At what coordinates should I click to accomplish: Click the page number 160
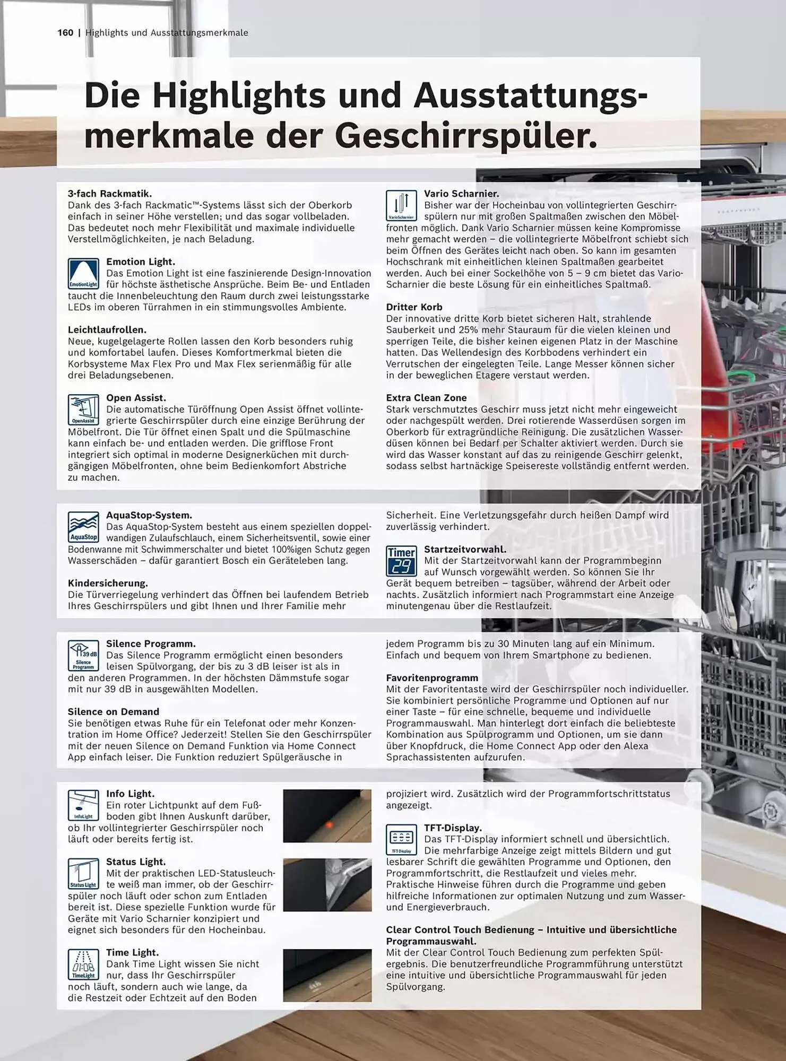[x=65, y=33]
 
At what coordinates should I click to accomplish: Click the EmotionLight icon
[x=83, y=273]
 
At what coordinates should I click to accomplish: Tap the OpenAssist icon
[x=83, y=409]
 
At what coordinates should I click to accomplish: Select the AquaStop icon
[x=83, y=527]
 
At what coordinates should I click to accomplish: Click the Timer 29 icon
[x=401, y=561]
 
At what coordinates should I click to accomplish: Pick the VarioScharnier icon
[x=401, y=206]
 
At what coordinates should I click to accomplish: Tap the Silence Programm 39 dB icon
[x=83, y=655]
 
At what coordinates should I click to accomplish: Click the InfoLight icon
[x=83, y=805]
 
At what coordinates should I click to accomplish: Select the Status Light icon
[x=83, y=873]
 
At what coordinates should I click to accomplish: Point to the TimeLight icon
[x=83, y=964]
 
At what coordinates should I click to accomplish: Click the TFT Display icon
[x=401, y=839]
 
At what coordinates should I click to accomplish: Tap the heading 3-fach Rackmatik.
[x=110, y=194]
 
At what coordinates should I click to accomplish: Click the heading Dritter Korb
[x=414, y=307]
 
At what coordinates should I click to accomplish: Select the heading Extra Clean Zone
[x=426, y=398]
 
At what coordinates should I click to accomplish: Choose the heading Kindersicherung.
[x=108, y=583]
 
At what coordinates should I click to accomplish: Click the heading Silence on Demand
[x=114, y=712]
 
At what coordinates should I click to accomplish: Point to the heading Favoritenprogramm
[x=432, y=678]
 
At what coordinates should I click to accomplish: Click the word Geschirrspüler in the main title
[x=465, y=136]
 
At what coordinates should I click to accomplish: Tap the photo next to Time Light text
[x=327, y=975]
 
